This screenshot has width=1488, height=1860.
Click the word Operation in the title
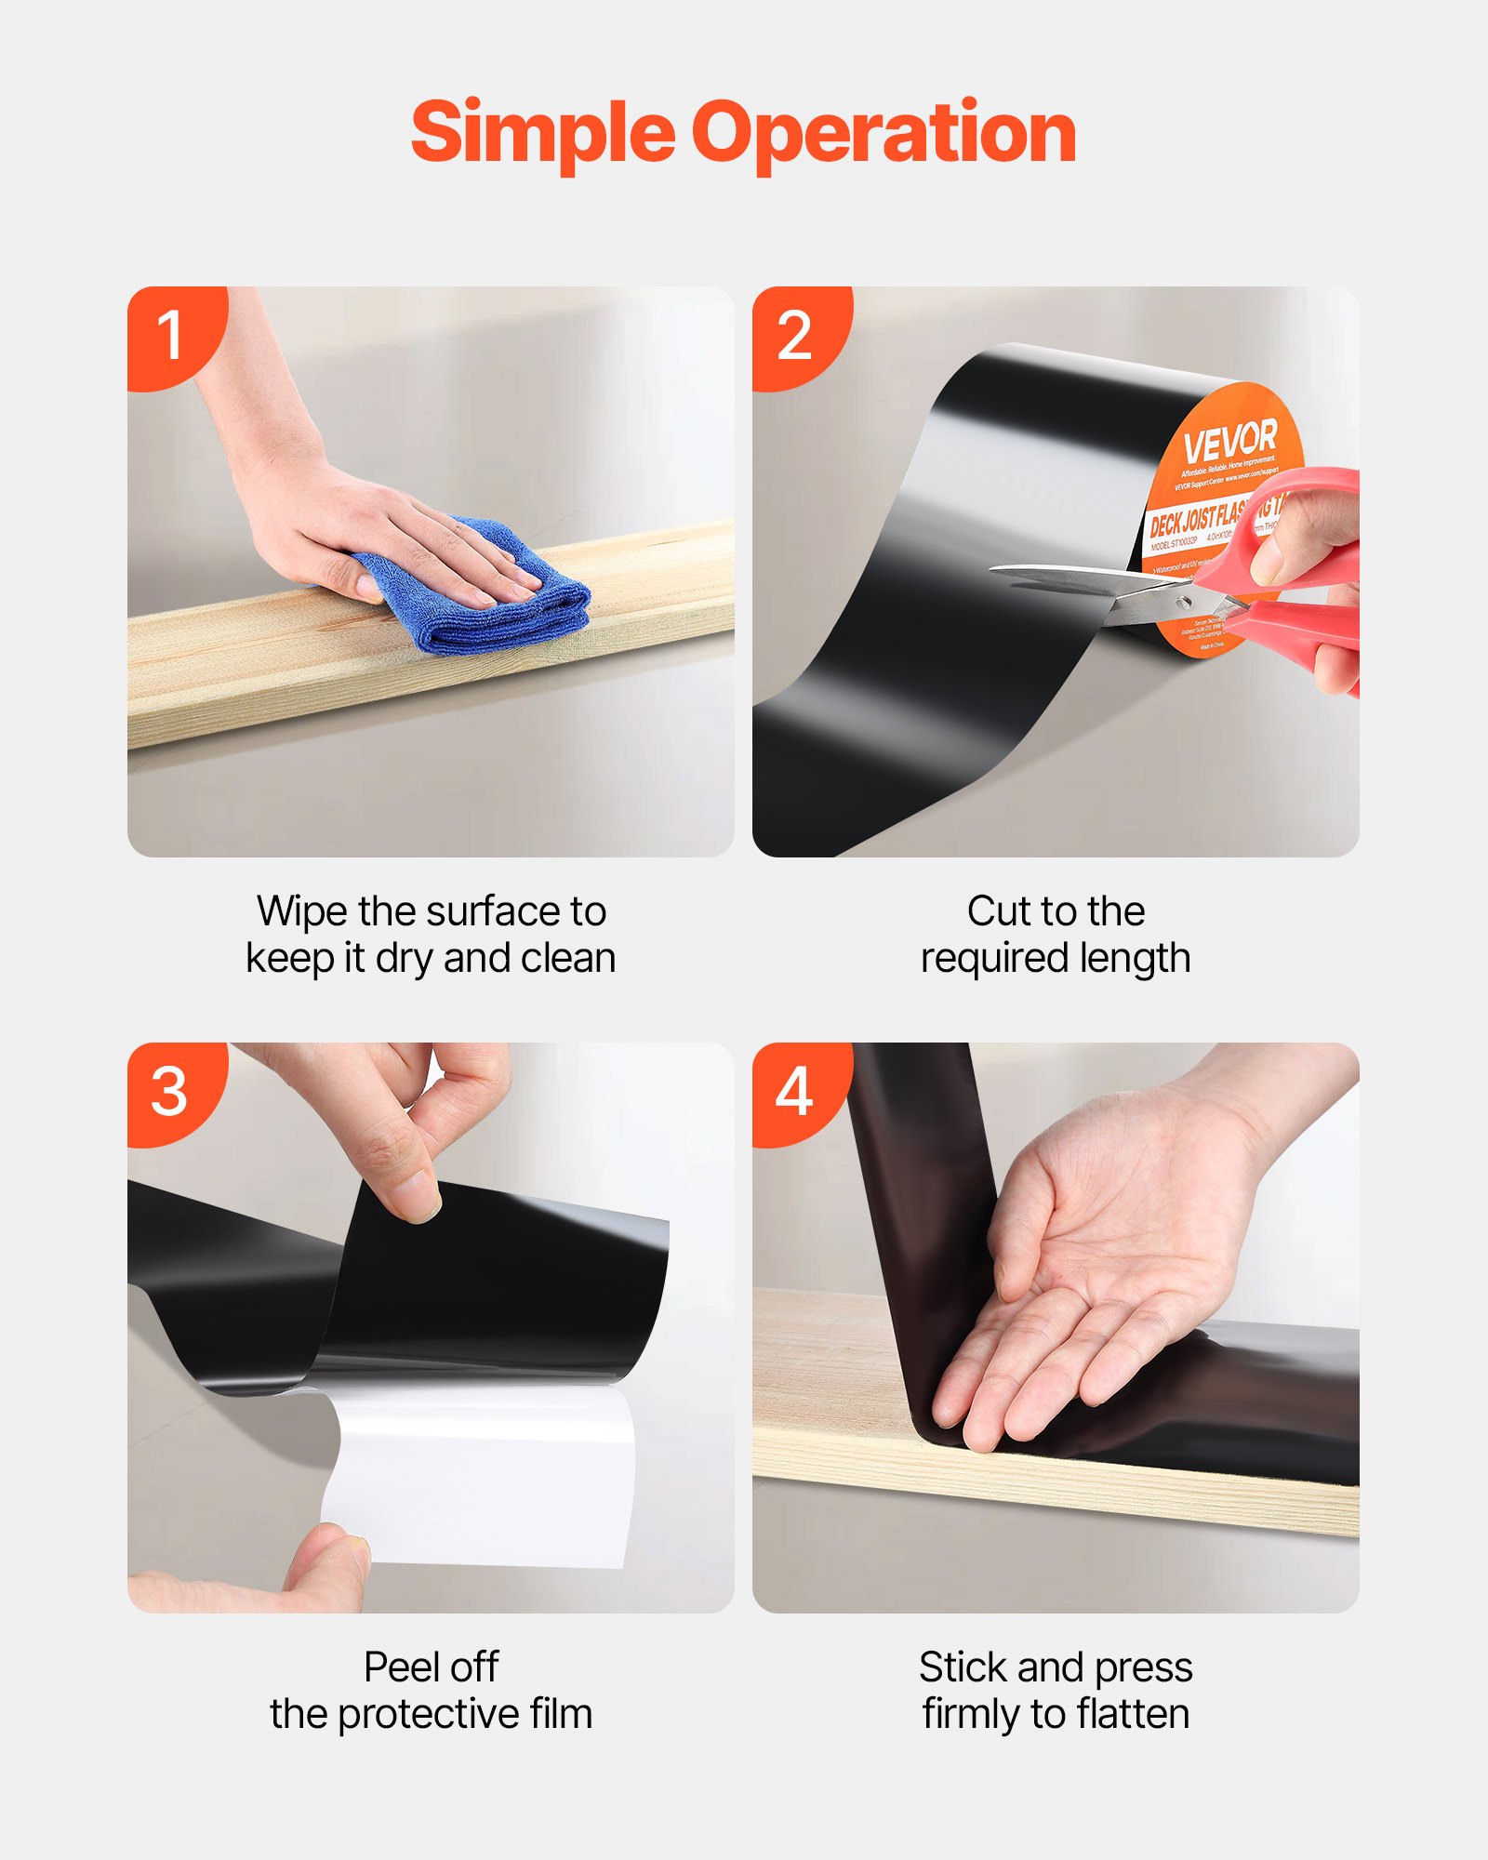[x=883, y=133]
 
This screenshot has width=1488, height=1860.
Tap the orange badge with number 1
[x=169, y=335]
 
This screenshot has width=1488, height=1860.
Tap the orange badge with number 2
[x=794, y=335]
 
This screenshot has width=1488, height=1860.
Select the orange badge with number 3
[x=169, y=1091]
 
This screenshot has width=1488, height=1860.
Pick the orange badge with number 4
[x=794, y=1091]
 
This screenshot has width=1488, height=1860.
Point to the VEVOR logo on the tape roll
[x=1229, y=442]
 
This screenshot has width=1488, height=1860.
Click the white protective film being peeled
[x=484, y=1479]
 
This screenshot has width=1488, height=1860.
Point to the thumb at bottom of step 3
[x=325, y=1572]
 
